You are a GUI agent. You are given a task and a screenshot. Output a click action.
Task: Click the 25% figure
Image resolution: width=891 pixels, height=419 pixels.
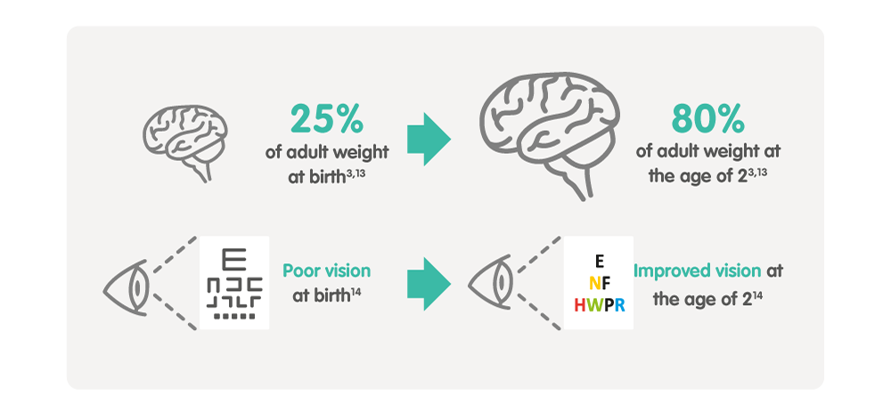point(327,118)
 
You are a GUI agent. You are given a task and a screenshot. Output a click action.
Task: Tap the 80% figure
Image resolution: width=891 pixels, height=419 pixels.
point(707,118)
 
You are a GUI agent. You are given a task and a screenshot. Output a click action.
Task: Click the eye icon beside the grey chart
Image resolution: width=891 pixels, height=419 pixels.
point(127,287)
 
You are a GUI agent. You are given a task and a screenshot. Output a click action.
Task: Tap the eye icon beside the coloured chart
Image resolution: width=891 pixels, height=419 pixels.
point(490,282)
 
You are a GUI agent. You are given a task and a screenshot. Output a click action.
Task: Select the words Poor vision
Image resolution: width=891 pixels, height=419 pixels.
point(327,271)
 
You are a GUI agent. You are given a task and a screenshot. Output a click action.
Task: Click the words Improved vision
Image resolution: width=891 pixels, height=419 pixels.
point(698,271)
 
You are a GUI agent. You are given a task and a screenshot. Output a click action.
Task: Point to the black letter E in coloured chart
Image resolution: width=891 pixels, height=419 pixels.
point(600,261)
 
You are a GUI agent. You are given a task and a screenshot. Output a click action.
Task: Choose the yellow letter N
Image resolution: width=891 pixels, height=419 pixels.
point(594,283)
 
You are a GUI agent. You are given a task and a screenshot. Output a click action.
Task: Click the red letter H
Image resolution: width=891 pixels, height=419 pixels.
point(580,306)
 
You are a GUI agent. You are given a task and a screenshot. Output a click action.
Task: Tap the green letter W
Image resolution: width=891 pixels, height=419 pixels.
point(595,306)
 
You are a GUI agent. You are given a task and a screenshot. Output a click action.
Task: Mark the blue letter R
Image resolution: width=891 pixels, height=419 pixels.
point(619,306)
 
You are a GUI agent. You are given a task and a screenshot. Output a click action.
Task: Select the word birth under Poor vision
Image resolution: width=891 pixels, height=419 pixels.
point(330,296)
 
